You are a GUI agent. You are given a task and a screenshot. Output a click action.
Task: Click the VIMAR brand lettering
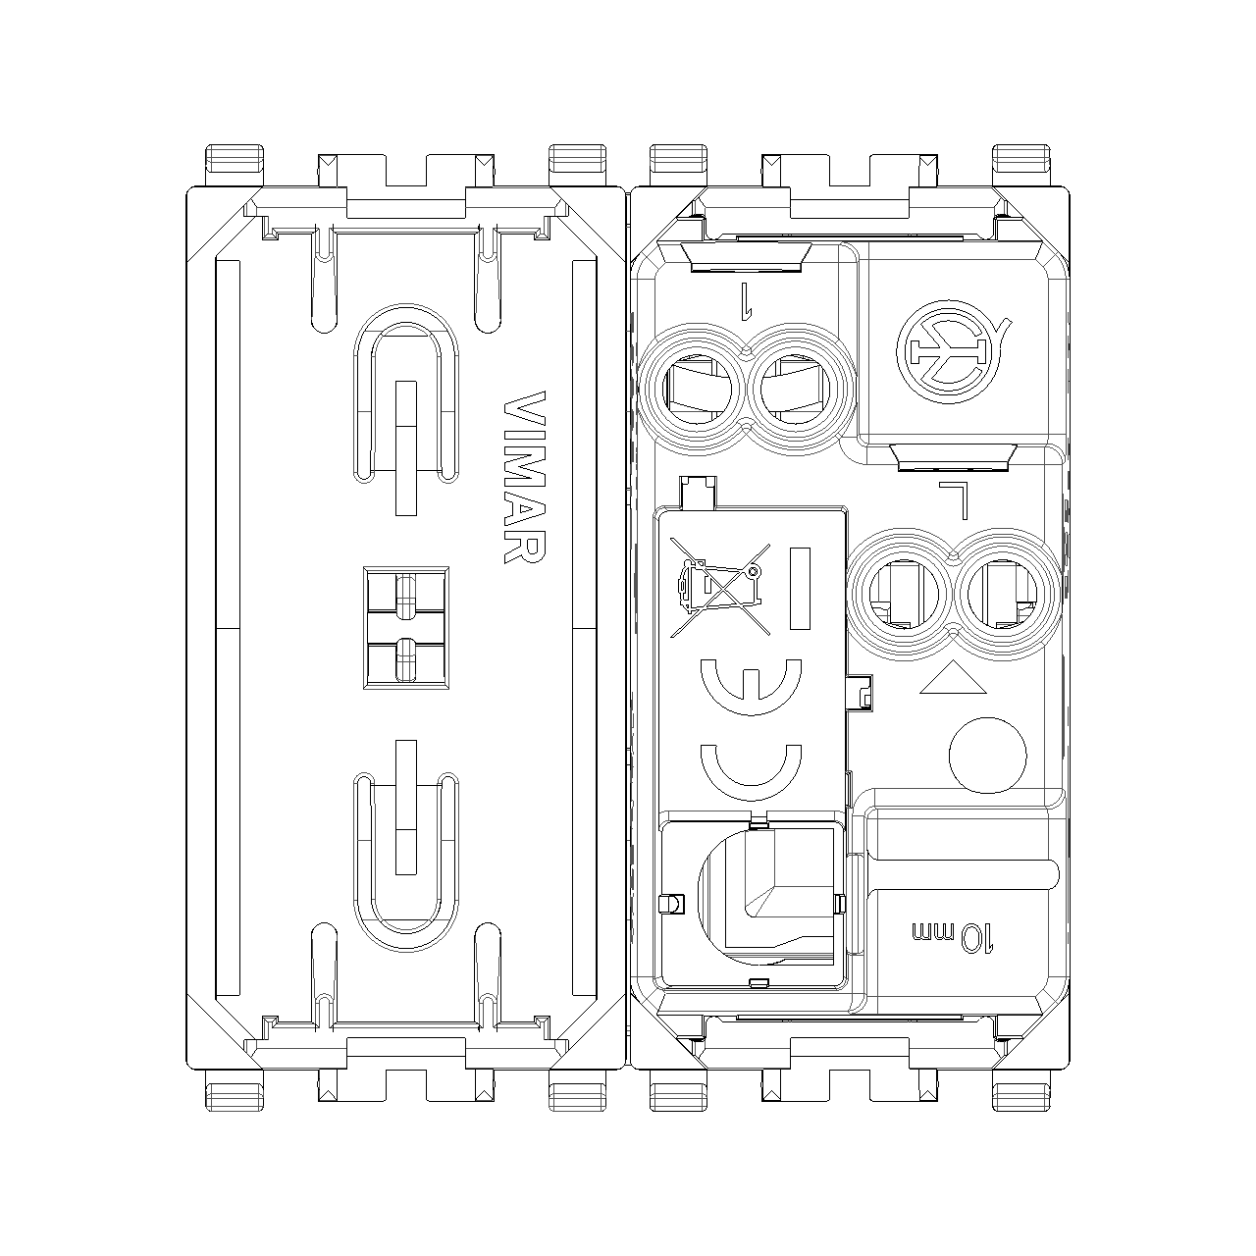click(524, 477)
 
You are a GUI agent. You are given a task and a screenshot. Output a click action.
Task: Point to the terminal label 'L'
click(954, 499)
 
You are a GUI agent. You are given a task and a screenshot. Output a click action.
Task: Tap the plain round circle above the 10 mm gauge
click(987, 756)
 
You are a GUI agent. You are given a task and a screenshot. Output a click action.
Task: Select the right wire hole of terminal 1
click(795, 390)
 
